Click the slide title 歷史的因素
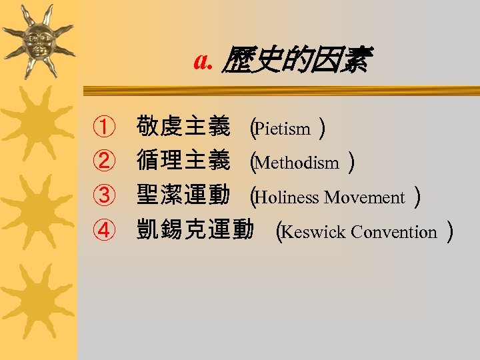[x=297, y=61]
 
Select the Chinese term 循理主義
[x=183, y=161]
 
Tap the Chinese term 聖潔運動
[x=183, y=197]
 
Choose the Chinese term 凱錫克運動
[x=194, y=231]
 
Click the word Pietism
[x=283, y=128]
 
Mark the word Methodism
[x=297, y=163]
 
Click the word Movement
[x=365, y=197]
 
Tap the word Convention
[x=393, y=232]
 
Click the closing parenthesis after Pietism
[x=322, y=127]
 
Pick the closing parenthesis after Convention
[x=451, y=232]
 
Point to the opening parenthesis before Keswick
[x=280, y=232]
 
